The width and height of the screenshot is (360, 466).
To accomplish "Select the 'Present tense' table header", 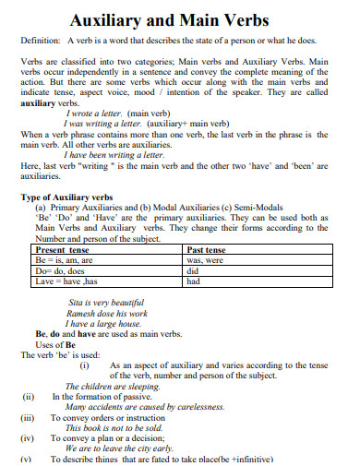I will click(x=61, y=249).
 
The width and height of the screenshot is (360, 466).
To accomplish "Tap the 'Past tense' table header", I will click(x=208, y=249).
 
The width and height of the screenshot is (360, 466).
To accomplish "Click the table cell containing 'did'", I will click(x=192, y=270).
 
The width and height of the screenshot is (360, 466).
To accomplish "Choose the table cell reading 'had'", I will click(x=193, y=281).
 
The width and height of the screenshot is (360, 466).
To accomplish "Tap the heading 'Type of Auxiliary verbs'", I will click(x=66, y=197).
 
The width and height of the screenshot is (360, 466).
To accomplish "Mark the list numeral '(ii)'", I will click(x=28, y=397).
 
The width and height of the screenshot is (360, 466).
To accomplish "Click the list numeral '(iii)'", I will click(x=28, y=418).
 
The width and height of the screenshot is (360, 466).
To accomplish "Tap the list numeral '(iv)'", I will click(x=28, y=438).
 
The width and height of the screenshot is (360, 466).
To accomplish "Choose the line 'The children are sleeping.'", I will click(x=112, y=387).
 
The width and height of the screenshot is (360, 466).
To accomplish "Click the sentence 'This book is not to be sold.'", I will click(x=114, y=428).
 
